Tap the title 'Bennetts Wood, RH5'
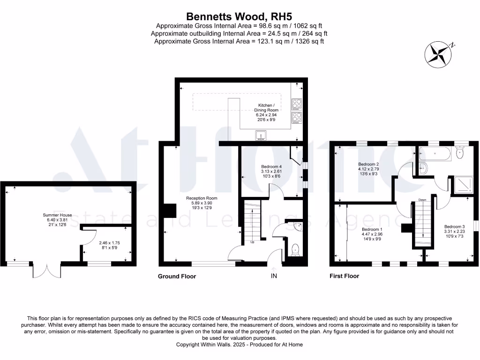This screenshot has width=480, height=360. (239, 17)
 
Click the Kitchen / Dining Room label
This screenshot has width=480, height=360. (266, 107)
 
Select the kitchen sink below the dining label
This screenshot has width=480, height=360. (261, 135)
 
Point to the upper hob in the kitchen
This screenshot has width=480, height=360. (297, 103)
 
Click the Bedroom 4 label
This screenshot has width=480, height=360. (272, 166)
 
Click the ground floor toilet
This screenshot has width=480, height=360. (295, 250)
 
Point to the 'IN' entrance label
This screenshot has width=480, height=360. (274, 276)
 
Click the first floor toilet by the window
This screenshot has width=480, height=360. (460, 152)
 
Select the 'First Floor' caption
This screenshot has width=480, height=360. (344, 276)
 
